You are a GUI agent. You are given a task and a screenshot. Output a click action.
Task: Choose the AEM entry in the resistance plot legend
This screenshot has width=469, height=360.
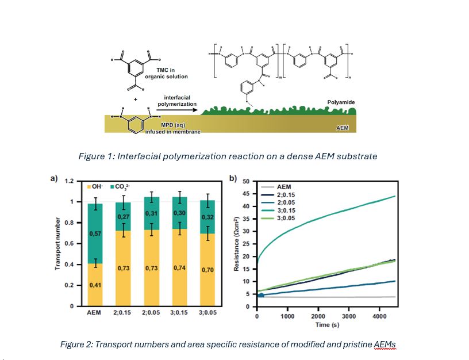point(283,187)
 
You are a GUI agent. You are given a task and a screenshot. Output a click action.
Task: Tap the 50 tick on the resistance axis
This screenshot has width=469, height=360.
point(246,182)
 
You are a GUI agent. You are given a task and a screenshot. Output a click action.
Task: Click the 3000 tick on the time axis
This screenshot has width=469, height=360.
point(349,316)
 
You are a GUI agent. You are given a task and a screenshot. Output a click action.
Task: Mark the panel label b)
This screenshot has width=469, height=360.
point(233,179)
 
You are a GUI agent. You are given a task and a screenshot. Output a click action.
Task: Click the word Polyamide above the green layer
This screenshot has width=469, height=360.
point(341,102)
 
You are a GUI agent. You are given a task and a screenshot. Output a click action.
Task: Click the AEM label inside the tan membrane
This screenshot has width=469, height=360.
point(343,128)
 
